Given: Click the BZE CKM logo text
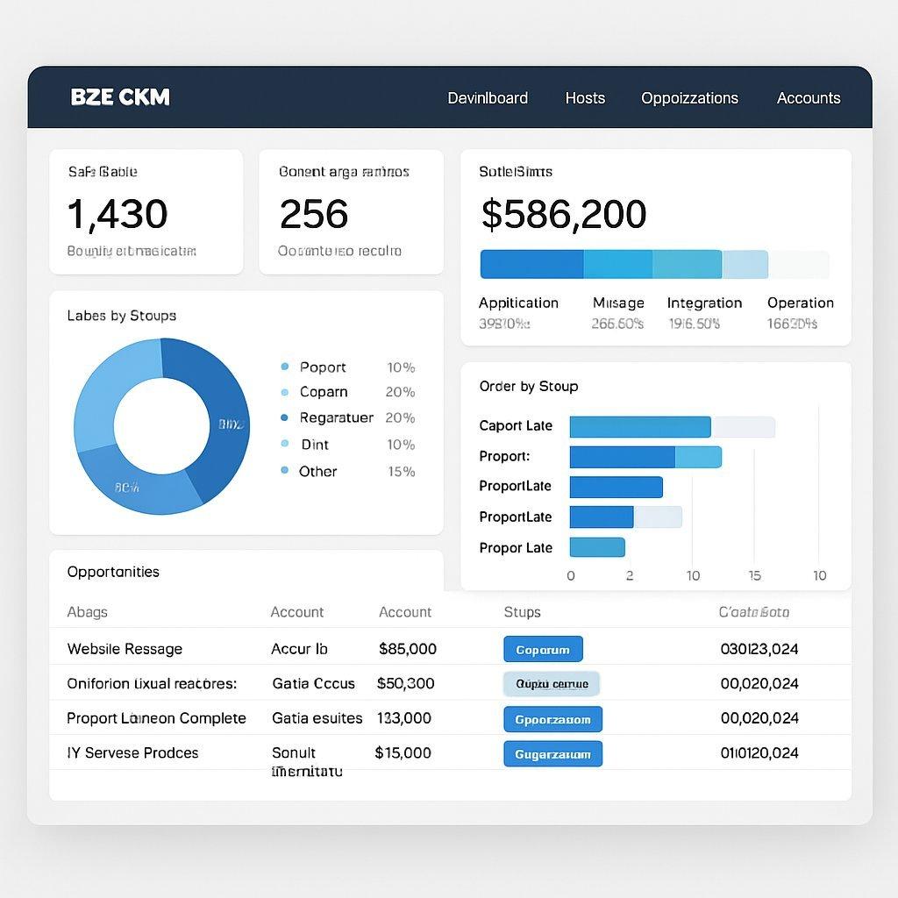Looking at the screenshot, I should point(120,97).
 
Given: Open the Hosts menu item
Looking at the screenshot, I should point(585,98).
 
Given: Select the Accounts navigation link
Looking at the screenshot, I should point(808,98).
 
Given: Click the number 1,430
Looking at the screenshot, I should point(117,214).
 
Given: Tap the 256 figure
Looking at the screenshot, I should point(313,214).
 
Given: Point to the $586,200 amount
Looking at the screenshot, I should point(563,214).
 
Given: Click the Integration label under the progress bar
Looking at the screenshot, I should point(704,303).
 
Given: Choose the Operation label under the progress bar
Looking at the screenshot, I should point(800,303).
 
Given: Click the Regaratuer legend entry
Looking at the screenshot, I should point(336,417).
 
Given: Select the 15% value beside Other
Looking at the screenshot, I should point(401,471).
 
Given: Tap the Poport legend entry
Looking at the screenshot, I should point(322,367).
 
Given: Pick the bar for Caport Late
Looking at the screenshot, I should point(639,426).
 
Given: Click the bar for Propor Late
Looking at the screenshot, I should point(596,547).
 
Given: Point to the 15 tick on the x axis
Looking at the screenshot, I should point(754,575).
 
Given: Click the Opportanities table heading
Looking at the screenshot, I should point(113,572).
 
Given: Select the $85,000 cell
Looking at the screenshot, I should point(407,649).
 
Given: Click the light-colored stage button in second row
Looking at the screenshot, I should point(552,683).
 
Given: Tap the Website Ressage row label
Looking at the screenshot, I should point(125,649).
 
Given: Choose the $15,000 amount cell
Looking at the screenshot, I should point(403,752).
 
